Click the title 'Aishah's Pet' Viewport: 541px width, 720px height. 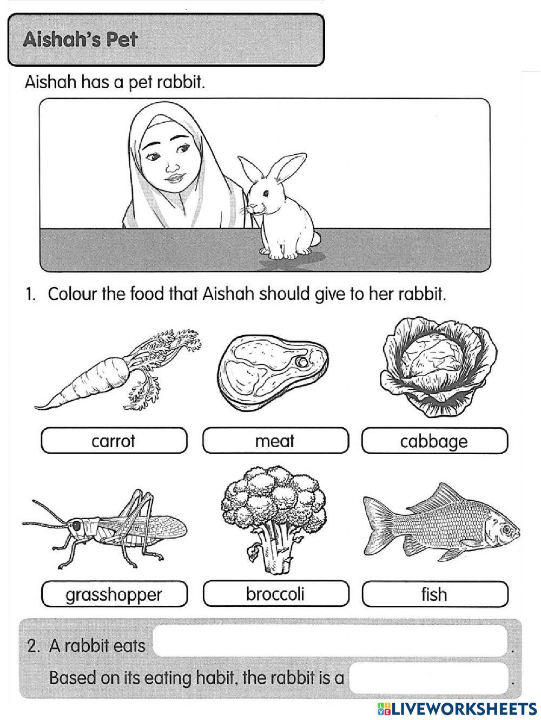point(81,40)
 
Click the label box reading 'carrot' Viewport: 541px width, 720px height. point(114,441)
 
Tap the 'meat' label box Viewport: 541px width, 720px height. point(275,441)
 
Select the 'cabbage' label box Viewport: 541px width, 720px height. point(434,441)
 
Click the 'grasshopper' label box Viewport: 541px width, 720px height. point(114,594)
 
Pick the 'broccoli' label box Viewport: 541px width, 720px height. point(275,594)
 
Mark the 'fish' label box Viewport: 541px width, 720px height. point(434,594)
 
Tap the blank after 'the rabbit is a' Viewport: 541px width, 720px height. point(429,677)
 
